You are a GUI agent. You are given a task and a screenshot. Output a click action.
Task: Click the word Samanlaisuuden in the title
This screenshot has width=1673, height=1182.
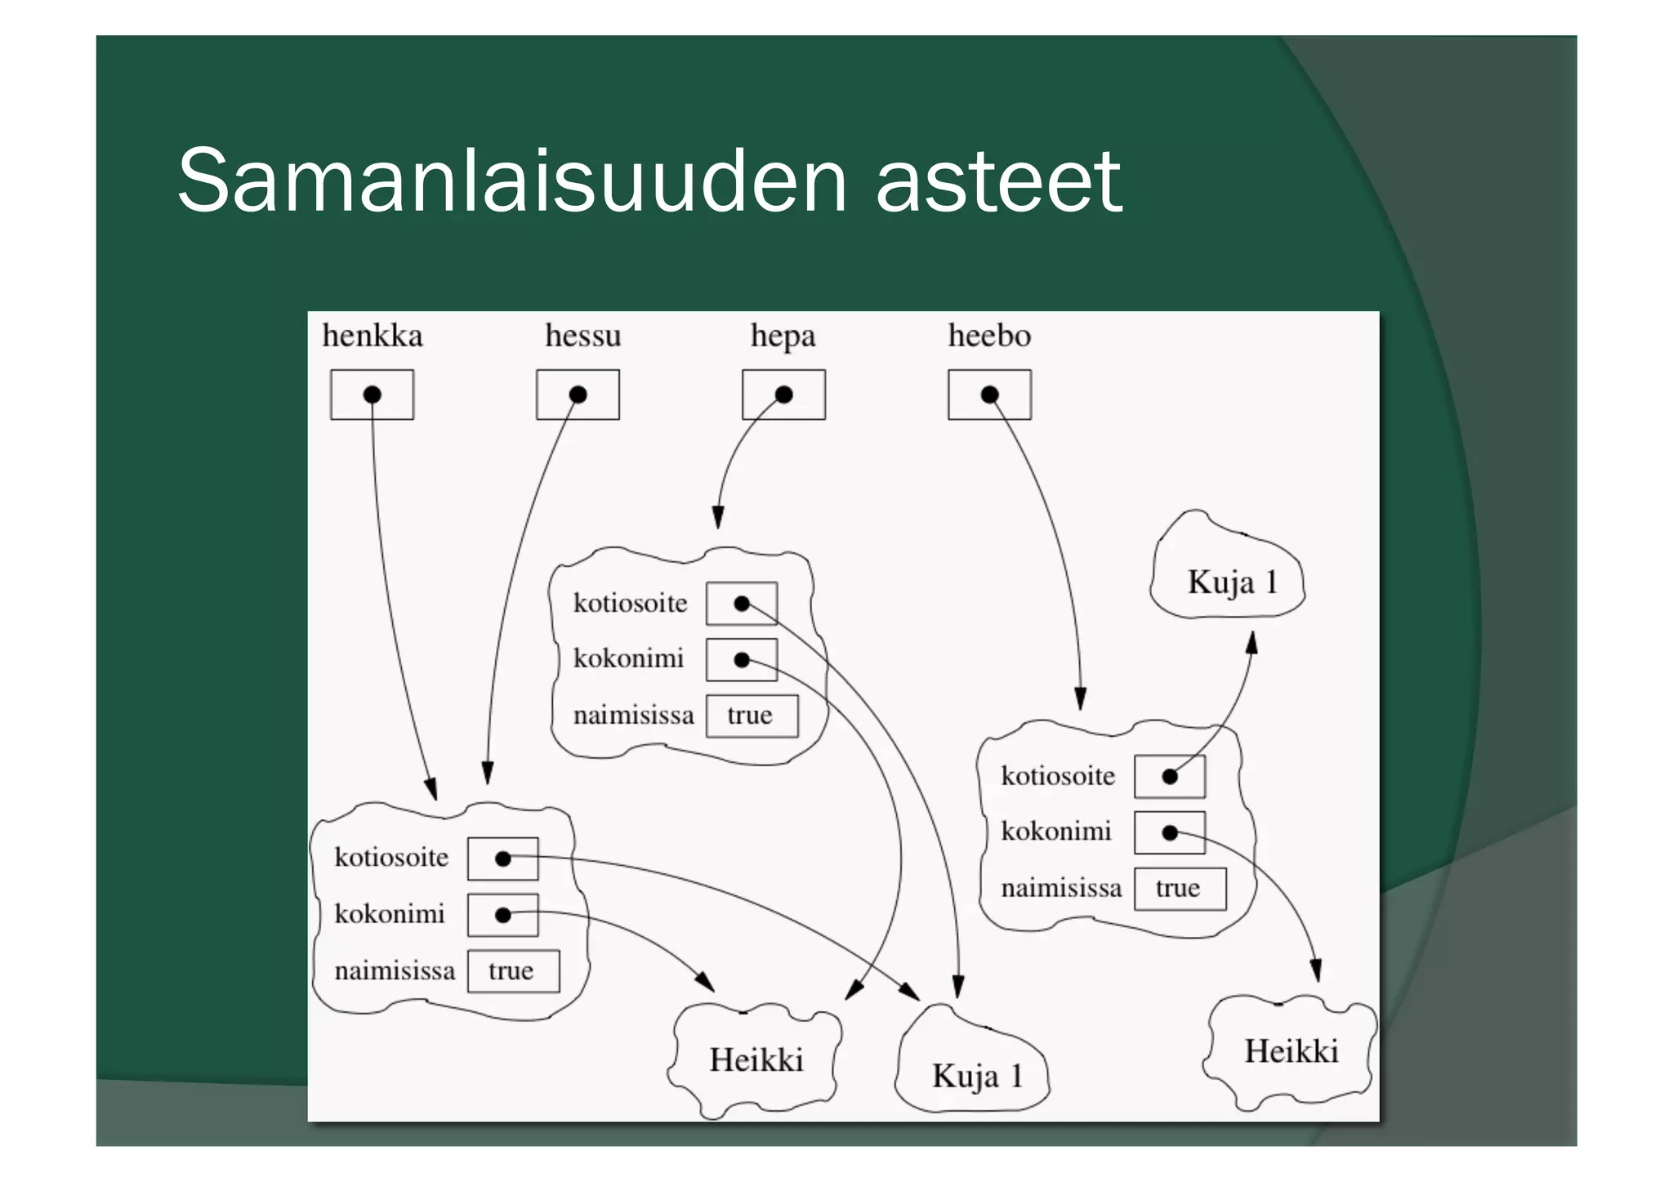(x=511, y=181)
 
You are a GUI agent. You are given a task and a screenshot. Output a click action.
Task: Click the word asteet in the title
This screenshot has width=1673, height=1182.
(x=998, y=181)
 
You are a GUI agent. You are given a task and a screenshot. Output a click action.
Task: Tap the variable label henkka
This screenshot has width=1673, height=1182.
(x=373, y=336)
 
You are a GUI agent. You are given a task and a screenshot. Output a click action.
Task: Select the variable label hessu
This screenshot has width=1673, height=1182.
(x=582, y=336)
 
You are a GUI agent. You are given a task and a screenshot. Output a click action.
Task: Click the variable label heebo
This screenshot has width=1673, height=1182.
(x=989, y=336)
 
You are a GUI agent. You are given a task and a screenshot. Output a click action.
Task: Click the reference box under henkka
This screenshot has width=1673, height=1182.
(x=372, y=395)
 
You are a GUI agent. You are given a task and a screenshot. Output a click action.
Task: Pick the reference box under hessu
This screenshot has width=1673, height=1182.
(x=578, y=395)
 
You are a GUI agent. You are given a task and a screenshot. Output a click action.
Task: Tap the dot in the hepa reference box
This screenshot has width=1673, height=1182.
(x=784, y=395)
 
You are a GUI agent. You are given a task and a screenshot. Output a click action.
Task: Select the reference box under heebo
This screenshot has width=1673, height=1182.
(x=989, y=395)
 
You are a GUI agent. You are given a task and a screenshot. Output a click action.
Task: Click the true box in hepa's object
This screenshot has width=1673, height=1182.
(x=752, y=716)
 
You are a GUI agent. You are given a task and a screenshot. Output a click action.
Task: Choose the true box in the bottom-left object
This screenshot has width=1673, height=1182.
(x=513, y=970)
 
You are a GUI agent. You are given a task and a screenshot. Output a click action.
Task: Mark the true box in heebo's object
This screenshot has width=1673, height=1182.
(x=1180, y=888)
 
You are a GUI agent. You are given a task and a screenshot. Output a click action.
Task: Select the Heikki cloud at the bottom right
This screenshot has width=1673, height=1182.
(x=1291, y=1051)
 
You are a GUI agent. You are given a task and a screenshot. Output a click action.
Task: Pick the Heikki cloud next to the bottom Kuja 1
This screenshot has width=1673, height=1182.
(x=756, y=1059)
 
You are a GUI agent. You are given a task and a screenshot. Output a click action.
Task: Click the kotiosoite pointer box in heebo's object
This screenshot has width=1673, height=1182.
(x=1170, y=776)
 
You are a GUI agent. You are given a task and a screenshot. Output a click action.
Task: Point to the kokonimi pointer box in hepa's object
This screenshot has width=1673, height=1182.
(x=741, y=659)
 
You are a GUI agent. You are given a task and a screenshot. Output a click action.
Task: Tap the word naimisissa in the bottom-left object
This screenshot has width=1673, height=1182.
(x=395, y=970)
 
